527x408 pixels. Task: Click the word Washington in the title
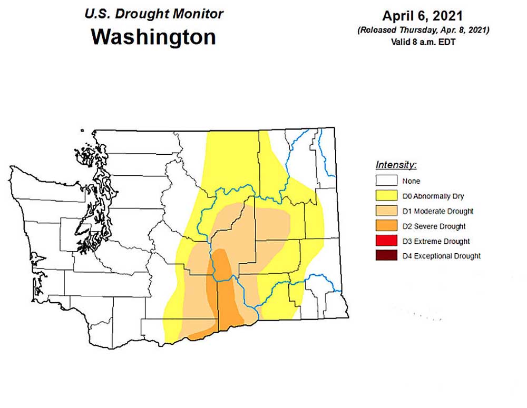(153, 37)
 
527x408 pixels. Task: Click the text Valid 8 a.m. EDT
(423, 42)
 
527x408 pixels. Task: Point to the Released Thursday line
(423, 31)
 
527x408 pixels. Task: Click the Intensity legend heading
(396, 165)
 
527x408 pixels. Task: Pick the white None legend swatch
(386, 181)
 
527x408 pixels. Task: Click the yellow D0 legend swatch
(386, 196)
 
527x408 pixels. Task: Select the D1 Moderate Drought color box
(386, 211)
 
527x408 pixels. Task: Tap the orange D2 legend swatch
(386, 226)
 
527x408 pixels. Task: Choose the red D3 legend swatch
(386, 241)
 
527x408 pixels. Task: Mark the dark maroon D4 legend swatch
(386, 256)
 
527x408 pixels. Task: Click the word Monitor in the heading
(196, 14)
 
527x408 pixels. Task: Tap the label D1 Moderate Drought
(437, 212)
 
